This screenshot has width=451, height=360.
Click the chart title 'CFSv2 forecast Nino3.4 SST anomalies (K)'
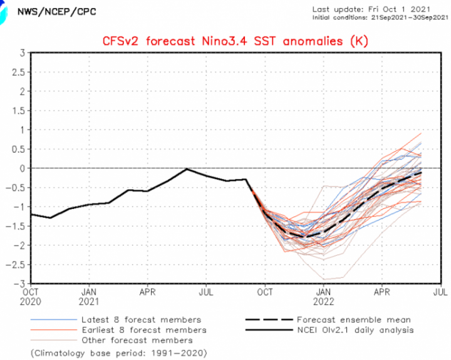(236, 41)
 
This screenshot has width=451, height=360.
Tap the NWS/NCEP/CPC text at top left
(56, 12)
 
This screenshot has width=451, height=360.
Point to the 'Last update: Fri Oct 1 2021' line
(371, 9)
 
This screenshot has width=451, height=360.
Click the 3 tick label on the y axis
(23, 53)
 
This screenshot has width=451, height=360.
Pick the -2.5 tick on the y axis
(16, 265)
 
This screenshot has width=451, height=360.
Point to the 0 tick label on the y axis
(23, 168)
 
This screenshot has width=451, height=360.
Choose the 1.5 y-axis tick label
(19, 111)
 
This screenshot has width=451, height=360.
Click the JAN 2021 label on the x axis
(89, 297)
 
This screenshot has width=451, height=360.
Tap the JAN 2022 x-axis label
(324, 297)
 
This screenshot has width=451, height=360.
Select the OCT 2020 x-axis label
(31, 297)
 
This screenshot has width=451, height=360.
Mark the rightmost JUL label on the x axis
(440, 292)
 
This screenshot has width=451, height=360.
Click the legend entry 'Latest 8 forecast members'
(141, 320)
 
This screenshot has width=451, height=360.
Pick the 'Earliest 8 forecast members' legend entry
(144, 330)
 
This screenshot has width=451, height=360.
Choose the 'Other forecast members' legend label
(137, 341)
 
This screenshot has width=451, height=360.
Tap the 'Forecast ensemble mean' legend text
(354, 320)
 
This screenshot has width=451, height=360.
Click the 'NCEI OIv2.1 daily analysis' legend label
(356, 330)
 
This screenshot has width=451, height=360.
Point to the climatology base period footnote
(119, 353)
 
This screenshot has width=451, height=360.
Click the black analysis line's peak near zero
(187, 169)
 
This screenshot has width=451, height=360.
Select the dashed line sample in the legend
(269, 320)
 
